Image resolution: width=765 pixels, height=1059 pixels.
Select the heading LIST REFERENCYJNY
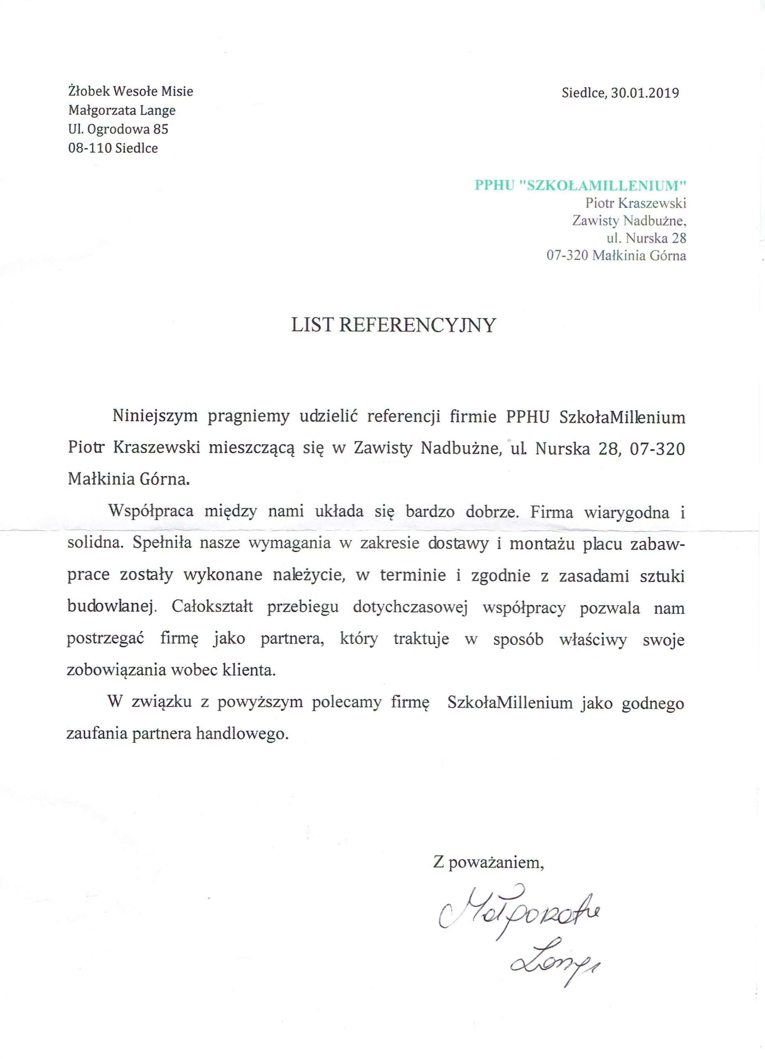pos(393,325)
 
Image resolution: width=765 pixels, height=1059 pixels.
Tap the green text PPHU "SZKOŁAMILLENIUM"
pos(580,185)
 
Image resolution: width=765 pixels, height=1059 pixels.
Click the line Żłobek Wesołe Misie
pos(131,91)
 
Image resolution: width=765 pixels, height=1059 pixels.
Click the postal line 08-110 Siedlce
pos(113,148)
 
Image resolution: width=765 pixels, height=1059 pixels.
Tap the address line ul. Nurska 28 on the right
pos(646,238)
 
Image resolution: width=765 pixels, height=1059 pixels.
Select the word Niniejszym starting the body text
pos(154,417)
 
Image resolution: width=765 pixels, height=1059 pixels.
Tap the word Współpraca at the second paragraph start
pos(151,511)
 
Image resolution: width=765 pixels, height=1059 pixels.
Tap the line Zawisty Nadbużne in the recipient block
pos(629,220)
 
